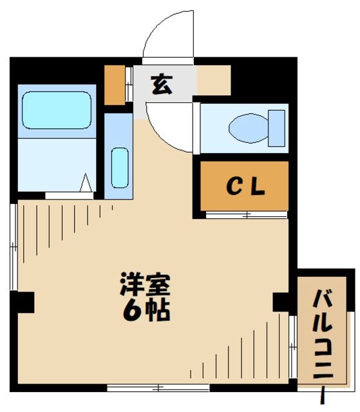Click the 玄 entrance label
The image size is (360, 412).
(x=162, y=84)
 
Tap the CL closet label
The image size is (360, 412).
(x=245, y=187)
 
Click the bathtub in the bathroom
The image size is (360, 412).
(x=57, y=111)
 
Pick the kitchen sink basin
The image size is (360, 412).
(x=119, y=167)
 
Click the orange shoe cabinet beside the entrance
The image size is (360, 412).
(x=115, y=84)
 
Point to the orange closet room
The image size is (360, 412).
(x=245, y=187)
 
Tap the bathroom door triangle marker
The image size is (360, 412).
(x=86, y=184)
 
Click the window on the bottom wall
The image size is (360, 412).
(x=158, y=388)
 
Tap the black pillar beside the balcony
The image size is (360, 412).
(x=281, y=302)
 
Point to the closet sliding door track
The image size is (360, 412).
(x=246, y=215)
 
